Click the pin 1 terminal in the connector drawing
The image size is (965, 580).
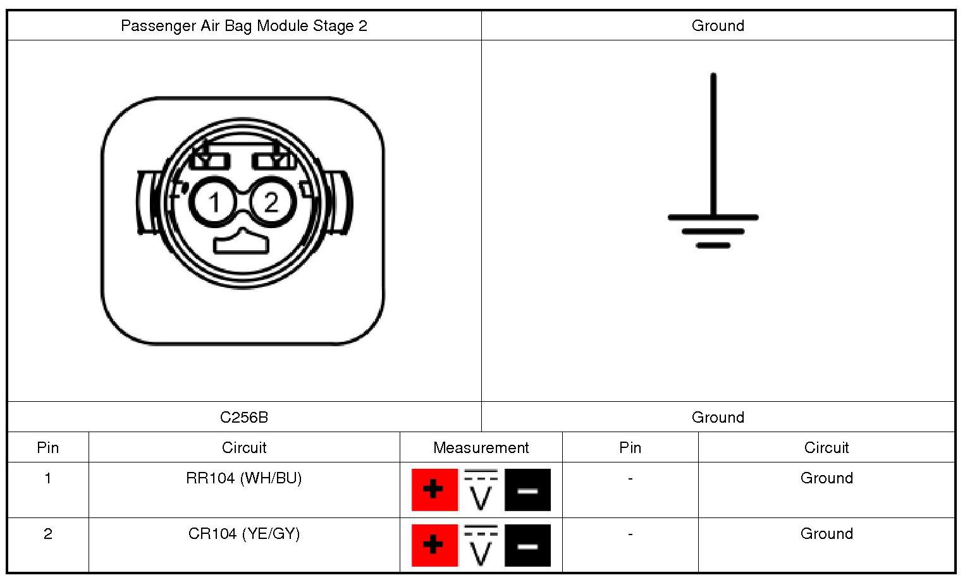pyautogui.click(x=214, y=202)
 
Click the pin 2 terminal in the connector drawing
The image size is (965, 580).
pyautogui.click(x=271, y=202)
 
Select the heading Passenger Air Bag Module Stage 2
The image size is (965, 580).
pyautogui.click(x=244, y=26)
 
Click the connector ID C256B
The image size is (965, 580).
pyautogui.click(x=244, y=417)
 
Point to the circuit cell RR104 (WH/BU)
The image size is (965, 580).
pyautogui.click(x=244, y=478)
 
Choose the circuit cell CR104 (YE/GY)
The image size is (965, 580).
pyautogui.click(x=244, y=534)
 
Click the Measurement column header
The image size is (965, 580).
pyautogui.click(x=481, y=447)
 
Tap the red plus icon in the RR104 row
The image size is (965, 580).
pyautogui.click(x=434, y=490)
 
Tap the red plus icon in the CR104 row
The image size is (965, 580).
pyautogui.click(x=434, y=545)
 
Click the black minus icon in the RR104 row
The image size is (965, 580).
pyautogui.click(x=527, y=490)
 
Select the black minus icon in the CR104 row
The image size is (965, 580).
pyautogui.click(x=527, y=545)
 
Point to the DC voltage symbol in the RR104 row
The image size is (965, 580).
pyautogui.click(x=481, y=490)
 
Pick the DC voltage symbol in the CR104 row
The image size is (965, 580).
pyautogui.click(x=481, y=545)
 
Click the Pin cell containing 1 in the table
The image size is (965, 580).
pyautogui.click(x=48, y=478)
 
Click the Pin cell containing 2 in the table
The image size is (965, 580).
pyautogui.click(x=48, y=534)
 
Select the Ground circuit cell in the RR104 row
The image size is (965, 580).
pyautogui.click(x=827, y=478)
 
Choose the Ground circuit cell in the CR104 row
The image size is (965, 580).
pyautogui.click(x=827, y=534)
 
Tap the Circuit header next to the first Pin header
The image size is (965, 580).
pyautogui.click(x=244, y=447)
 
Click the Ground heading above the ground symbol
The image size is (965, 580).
pyautogui.click(x=718, y=26)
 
